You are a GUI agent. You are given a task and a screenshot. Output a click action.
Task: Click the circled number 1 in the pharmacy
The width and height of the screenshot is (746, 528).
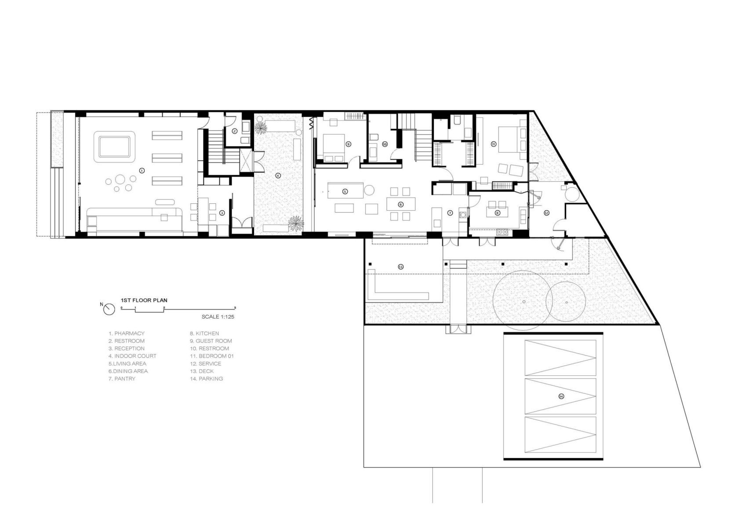(x=142, y=171)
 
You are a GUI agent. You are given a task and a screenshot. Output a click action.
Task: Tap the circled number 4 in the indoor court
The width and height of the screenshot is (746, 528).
(x=278, y=175)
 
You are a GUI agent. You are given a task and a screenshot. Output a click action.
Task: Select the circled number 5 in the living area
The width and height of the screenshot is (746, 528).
(x=345, y=191)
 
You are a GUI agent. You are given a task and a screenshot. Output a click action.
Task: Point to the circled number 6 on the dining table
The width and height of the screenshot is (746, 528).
(x=401, y=204)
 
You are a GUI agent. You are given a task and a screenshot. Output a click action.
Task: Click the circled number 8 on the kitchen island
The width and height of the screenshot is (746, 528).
(x=498, y=213)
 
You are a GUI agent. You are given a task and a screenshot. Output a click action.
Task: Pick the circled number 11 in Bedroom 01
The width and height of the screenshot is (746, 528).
(x=494, y=144)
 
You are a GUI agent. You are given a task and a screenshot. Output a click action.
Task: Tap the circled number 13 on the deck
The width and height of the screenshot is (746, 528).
(x=400, y=267)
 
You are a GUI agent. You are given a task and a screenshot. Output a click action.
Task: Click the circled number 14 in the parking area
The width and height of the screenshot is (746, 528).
(x=561, y=396)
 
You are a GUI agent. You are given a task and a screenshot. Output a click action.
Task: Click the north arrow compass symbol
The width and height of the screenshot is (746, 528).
(x=109, y=309)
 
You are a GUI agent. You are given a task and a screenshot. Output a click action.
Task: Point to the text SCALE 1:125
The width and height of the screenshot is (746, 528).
(x=218, y=317)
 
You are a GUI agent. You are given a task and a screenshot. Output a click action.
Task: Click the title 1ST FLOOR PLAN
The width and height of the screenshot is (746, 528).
(x=144, y=300)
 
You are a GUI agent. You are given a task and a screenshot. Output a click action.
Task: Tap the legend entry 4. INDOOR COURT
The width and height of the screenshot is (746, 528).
(x=132, y=356)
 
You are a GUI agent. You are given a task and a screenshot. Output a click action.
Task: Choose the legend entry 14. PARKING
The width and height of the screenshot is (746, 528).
(x=207, y=378)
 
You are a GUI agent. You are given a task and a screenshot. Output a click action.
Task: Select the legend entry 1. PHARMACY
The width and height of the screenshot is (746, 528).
(x=127, y=333)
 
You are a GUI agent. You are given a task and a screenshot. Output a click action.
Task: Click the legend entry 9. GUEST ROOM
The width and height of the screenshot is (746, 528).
(x=211, y=341)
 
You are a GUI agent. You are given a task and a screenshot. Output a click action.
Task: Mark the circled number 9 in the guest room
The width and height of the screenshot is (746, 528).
(x=348, y=144)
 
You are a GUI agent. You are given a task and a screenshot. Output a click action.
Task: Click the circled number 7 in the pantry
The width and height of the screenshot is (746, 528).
(x=450, y=213)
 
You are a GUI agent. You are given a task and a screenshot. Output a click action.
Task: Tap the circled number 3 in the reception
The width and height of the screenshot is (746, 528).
(x=222, y=213)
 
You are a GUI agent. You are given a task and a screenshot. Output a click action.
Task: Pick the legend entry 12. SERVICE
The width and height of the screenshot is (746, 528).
(x=205, y=363)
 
